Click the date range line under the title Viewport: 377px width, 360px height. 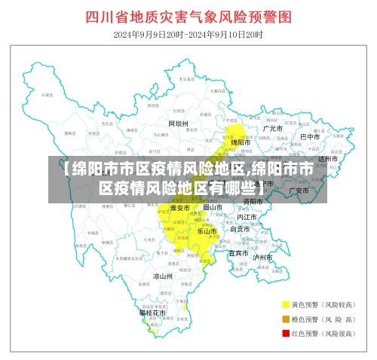188,35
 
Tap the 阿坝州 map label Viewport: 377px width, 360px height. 178,123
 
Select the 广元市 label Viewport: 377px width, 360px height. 273,129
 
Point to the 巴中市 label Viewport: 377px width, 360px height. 310,136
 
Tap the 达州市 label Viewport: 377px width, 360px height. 328,159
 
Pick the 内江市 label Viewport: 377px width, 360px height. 247,217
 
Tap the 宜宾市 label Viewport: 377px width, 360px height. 239,253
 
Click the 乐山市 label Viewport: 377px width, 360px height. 207,231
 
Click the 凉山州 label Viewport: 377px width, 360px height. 163,276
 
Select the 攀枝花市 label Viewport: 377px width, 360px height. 152,312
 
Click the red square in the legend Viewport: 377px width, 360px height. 286,332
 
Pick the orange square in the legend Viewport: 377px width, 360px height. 286,319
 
